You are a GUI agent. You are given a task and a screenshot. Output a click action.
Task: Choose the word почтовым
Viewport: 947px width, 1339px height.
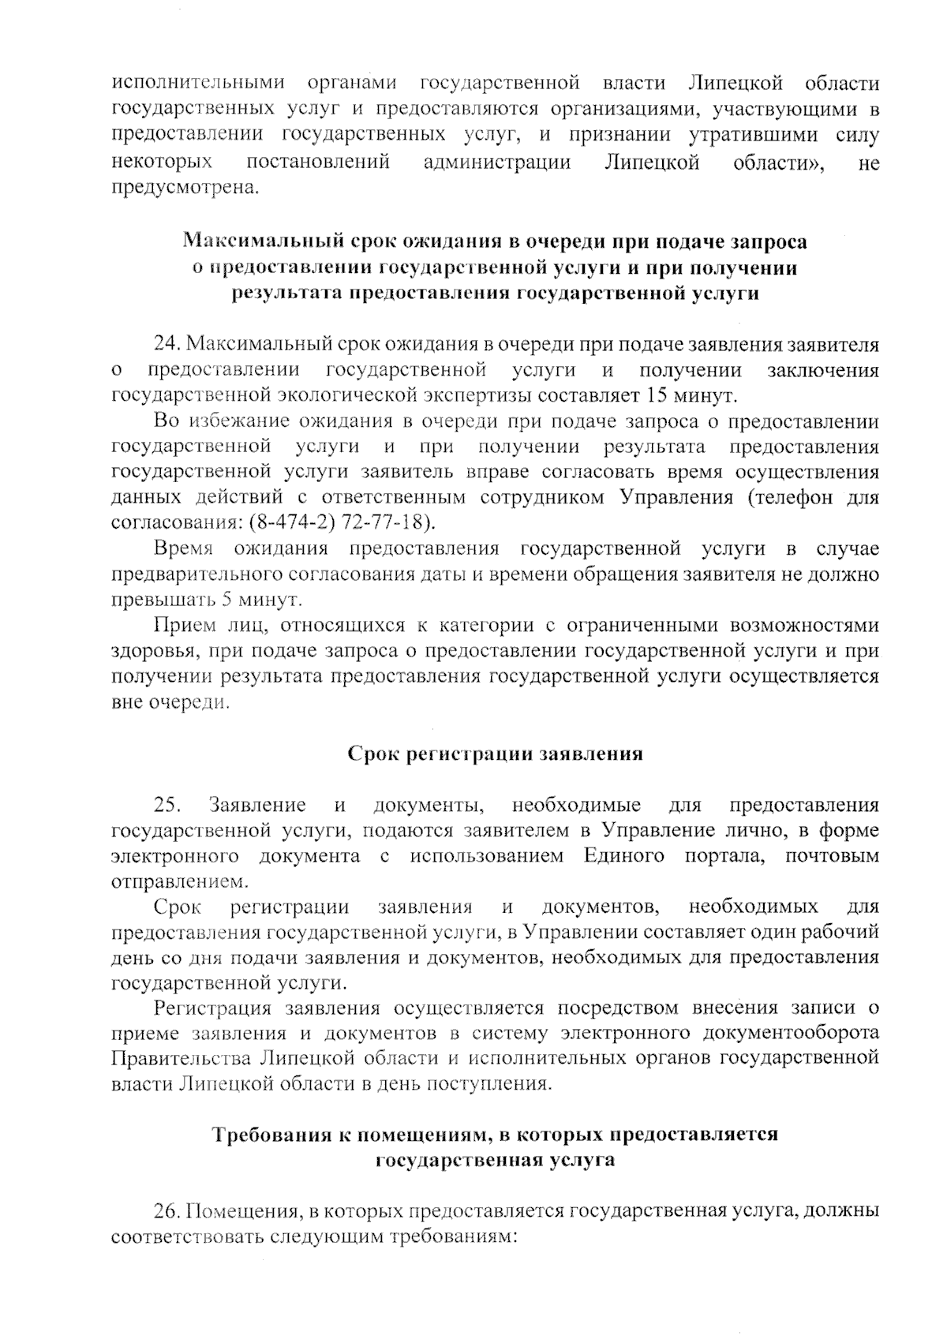tap(832, 856)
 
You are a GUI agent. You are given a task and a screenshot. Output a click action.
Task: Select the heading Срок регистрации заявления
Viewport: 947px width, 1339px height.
tap(496, 754)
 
